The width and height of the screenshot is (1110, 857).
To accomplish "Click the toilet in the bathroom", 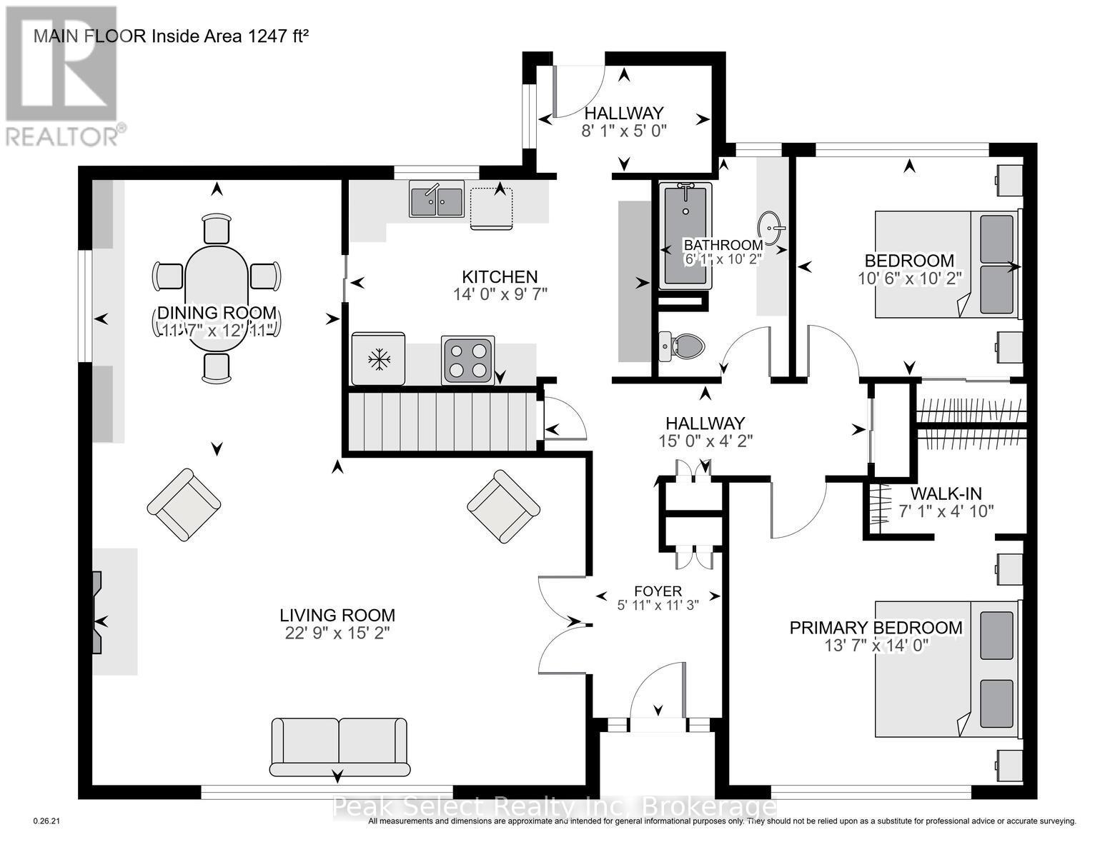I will point(682,346).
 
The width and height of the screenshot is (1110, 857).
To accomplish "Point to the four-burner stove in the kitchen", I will point(468,360).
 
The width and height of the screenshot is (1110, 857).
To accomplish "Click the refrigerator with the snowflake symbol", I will point(378,359).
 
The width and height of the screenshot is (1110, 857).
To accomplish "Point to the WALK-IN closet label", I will point(946,493).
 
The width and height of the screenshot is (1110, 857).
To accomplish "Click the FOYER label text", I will point(658,591).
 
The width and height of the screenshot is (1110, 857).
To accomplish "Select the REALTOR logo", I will point(61,75).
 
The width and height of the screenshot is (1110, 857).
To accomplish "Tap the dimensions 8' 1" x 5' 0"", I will point(624,131).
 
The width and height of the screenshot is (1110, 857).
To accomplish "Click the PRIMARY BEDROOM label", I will point(876,628).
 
